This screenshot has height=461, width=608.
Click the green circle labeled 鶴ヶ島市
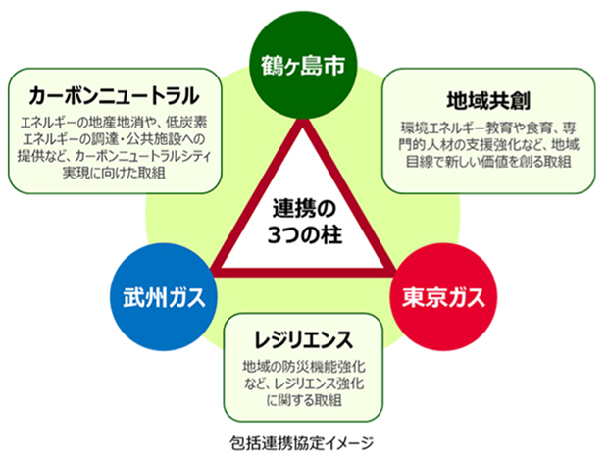303,65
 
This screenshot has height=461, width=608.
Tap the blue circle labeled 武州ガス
163,297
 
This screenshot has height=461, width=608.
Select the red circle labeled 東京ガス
443,297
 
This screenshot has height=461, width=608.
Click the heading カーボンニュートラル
115,96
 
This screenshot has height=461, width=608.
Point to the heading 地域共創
488,101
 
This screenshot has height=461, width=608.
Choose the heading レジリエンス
303,339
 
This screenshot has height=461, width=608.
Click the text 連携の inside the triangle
304,209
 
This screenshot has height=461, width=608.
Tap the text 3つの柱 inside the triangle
305,235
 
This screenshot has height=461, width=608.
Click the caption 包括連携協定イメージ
301,443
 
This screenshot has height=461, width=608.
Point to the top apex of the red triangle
303,120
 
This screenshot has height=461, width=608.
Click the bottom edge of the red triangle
303,273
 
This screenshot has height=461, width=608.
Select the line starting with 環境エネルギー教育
488,128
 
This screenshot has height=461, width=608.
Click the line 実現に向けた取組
114,173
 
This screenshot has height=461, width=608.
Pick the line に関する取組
304,400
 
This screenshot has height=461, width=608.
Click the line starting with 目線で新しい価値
488,162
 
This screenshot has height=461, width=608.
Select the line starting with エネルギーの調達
114,139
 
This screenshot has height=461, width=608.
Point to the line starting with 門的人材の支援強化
488,145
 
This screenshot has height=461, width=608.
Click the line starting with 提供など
114,156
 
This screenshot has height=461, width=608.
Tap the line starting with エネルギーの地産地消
114,123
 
